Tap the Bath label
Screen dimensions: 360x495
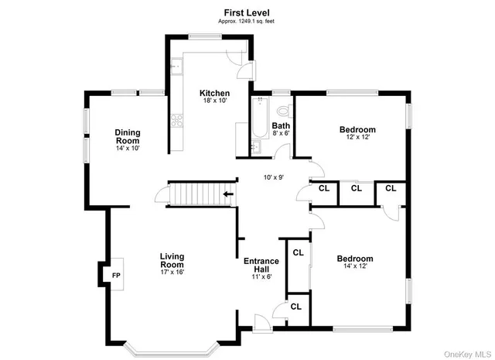(281, 129)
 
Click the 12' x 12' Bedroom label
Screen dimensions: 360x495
(357, 132)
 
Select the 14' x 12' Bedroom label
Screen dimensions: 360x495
(355, 262)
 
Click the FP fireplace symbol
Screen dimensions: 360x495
(116, 275)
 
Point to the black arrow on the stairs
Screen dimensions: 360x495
(228, 195)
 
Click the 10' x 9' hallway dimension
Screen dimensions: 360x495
(273, 177)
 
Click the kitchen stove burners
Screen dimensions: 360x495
(176, 120)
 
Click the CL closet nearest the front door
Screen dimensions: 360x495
(295, 306)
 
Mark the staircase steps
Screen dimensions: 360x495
(195, 195)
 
